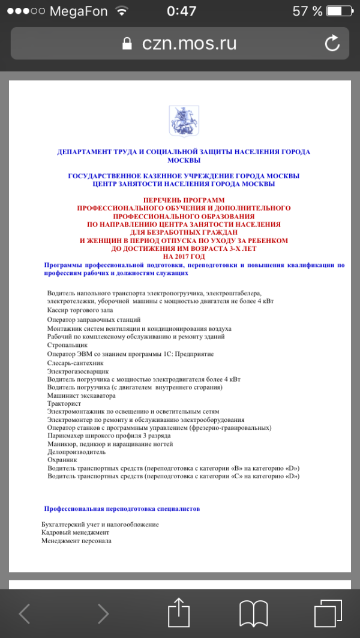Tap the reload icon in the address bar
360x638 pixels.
click(332, 43)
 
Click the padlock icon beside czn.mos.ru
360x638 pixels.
click(127, 43)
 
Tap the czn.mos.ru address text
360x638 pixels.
click(189, 43)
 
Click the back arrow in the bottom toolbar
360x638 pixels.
click(25, 613)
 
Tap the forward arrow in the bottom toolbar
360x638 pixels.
click(103, 613)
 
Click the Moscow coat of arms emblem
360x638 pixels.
click(179, 118)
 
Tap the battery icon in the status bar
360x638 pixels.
click(340, 11)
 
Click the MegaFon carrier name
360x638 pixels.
click(79, 11)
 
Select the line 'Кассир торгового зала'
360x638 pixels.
click(79, 310)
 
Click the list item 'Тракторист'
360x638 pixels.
click(64, 404)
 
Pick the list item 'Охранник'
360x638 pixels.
click(62, 459)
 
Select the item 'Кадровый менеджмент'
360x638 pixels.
click(76, 532)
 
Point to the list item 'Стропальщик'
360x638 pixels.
click(67, 345)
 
